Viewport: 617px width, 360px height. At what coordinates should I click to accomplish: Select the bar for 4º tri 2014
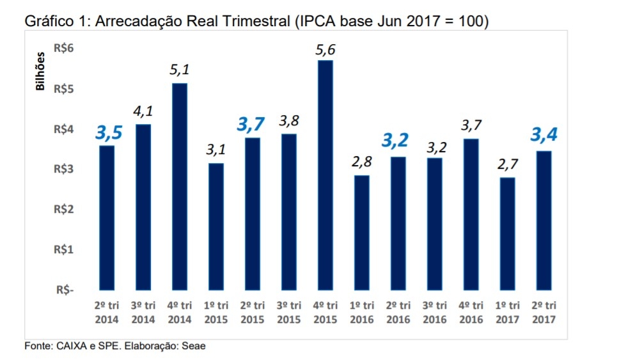pos(180,186)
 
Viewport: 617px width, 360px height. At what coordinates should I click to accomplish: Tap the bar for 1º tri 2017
pos(507,233)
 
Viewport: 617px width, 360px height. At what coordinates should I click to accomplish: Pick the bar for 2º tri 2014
pos(107,217)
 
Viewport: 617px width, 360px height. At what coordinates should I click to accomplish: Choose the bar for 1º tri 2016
pos(362,232)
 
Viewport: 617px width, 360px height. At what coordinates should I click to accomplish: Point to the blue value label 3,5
pos(109,133)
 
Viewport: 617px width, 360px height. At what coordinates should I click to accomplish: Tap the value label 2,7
pos(507,165)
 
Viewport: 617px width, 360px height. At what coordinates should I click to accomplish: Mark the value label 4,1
pos(143,112)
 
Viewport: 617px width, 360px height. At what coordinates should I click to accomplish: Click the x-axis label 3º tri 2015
pos(289,312)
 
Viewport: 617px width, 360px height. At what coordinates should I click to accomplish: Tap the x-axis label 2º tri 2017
pos(543,312)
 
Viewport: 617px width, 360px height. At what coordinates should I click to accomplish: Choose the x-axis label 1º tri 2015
pos(216,312)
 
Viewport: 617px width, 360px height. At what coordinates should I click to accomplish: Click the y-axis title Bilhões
pos(40,72)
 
